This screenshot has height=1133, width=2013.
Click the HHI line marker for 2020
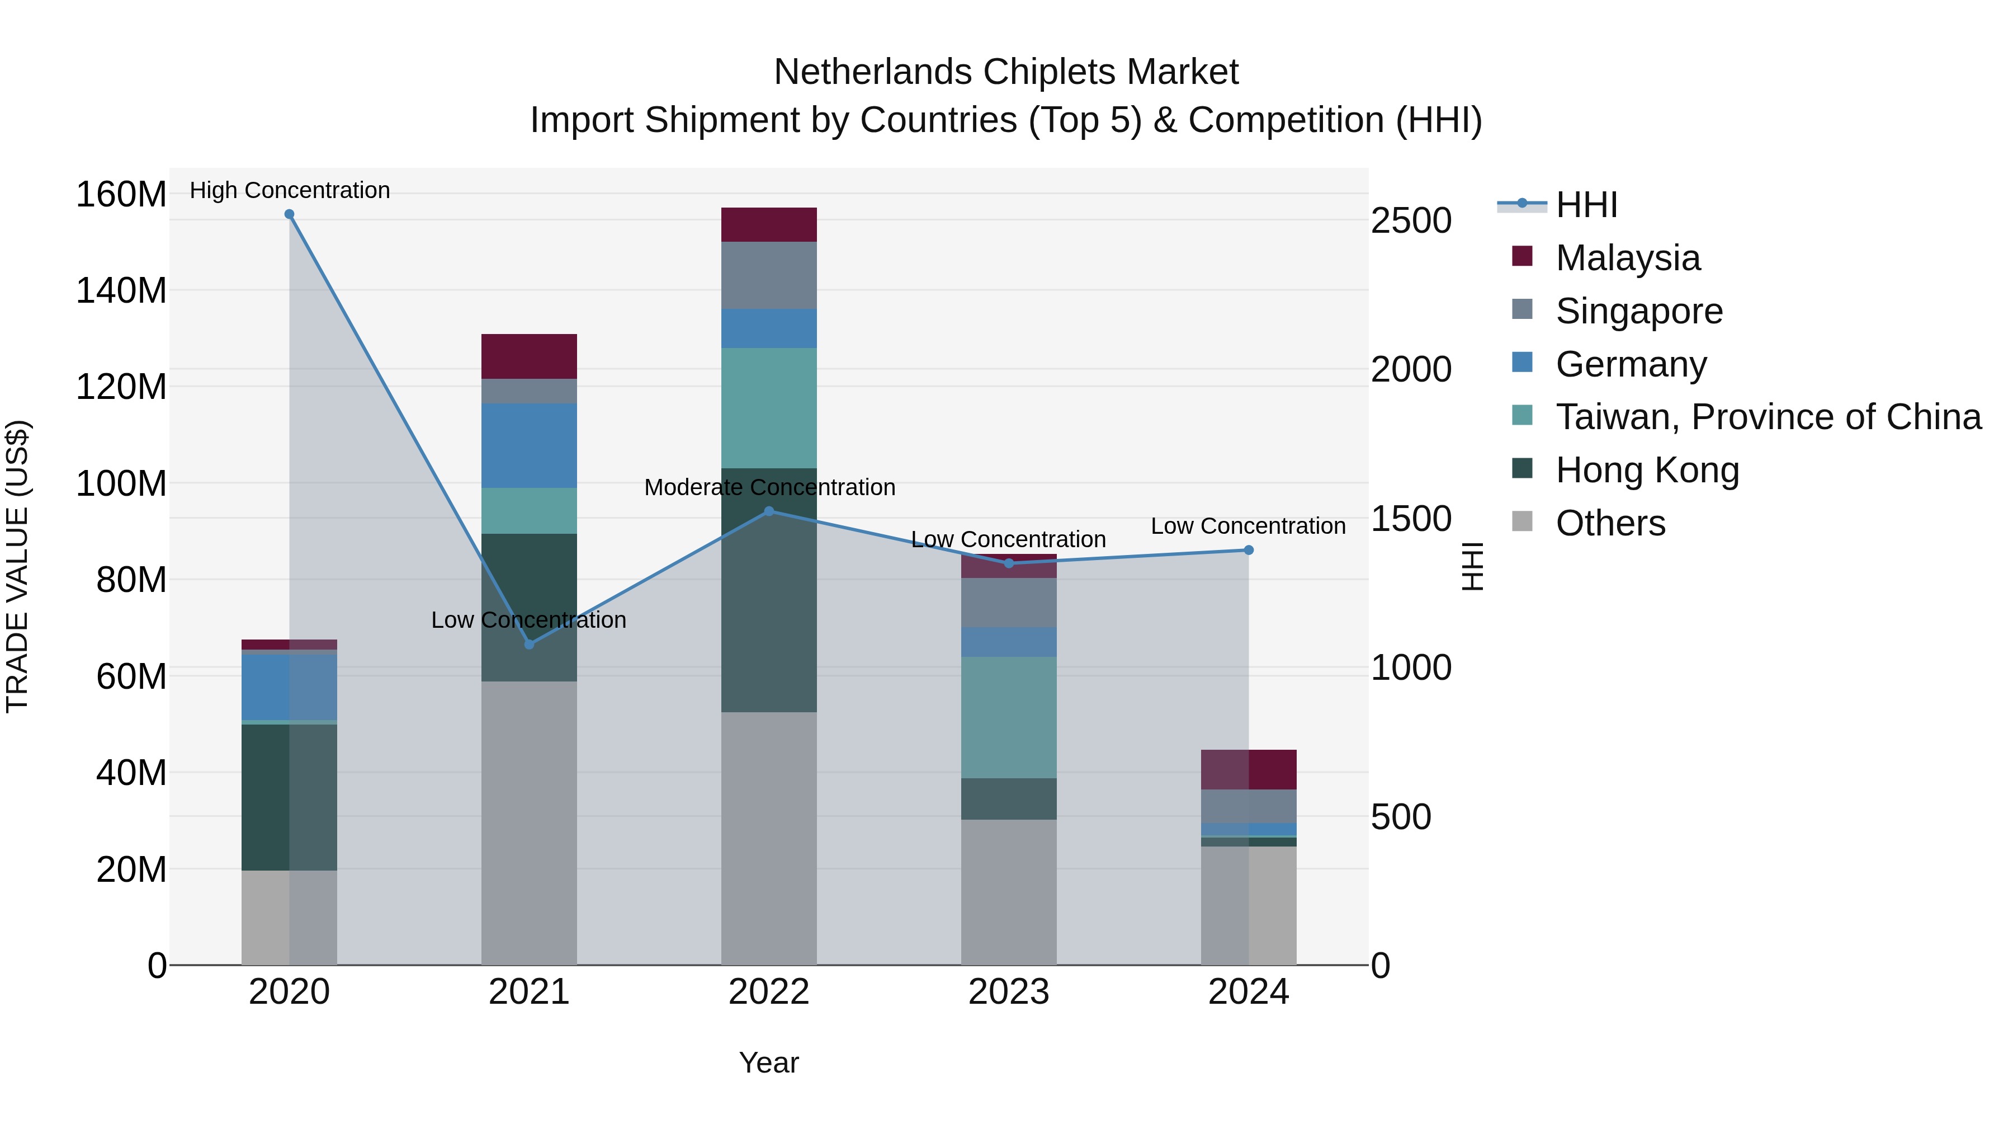(x=289, y=214)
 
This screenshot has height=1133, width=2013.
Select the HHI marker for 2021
(x=529, y=645)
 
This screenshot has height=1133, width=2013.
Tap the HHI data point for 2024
(x=1248, y=551)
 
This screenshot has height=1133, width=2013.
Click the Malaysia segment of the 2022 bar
(x=768, y=224)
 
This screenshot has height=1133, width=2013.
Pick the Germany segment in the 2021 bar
(x=529, y=446)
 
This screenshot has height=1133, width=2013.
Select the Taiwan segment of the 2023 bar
(x=1008, y=717)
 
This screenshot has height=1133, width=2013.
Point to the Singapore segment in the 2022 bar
(x=768, y=275)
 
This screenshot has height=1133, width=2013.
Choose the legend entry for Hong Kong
(x=1647, y=470)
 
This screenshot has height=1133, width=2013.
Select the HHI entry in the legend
(x=1586, y=205)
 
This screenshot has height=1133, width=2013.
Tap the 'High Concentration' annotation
(x=289, y=190)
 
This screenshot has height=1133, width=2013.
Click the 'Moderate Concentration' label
(x=769, y=487)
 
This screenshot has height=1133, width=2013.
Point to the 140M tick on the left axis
(x=121, y=291)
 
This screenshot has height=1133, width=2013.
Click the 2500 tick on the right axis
(x=1411, y=220)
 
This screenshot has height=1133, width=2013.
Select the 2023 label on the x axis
(x=1008, y=992)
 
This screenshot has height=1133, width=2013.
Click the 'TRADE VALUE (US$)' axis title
(x=17, y=566)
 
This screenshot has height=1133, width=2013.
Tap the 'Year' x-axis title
(x=768, y=1063)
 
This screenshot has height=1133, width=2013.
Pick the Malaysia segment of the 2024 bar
(x=1248, y=769)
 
